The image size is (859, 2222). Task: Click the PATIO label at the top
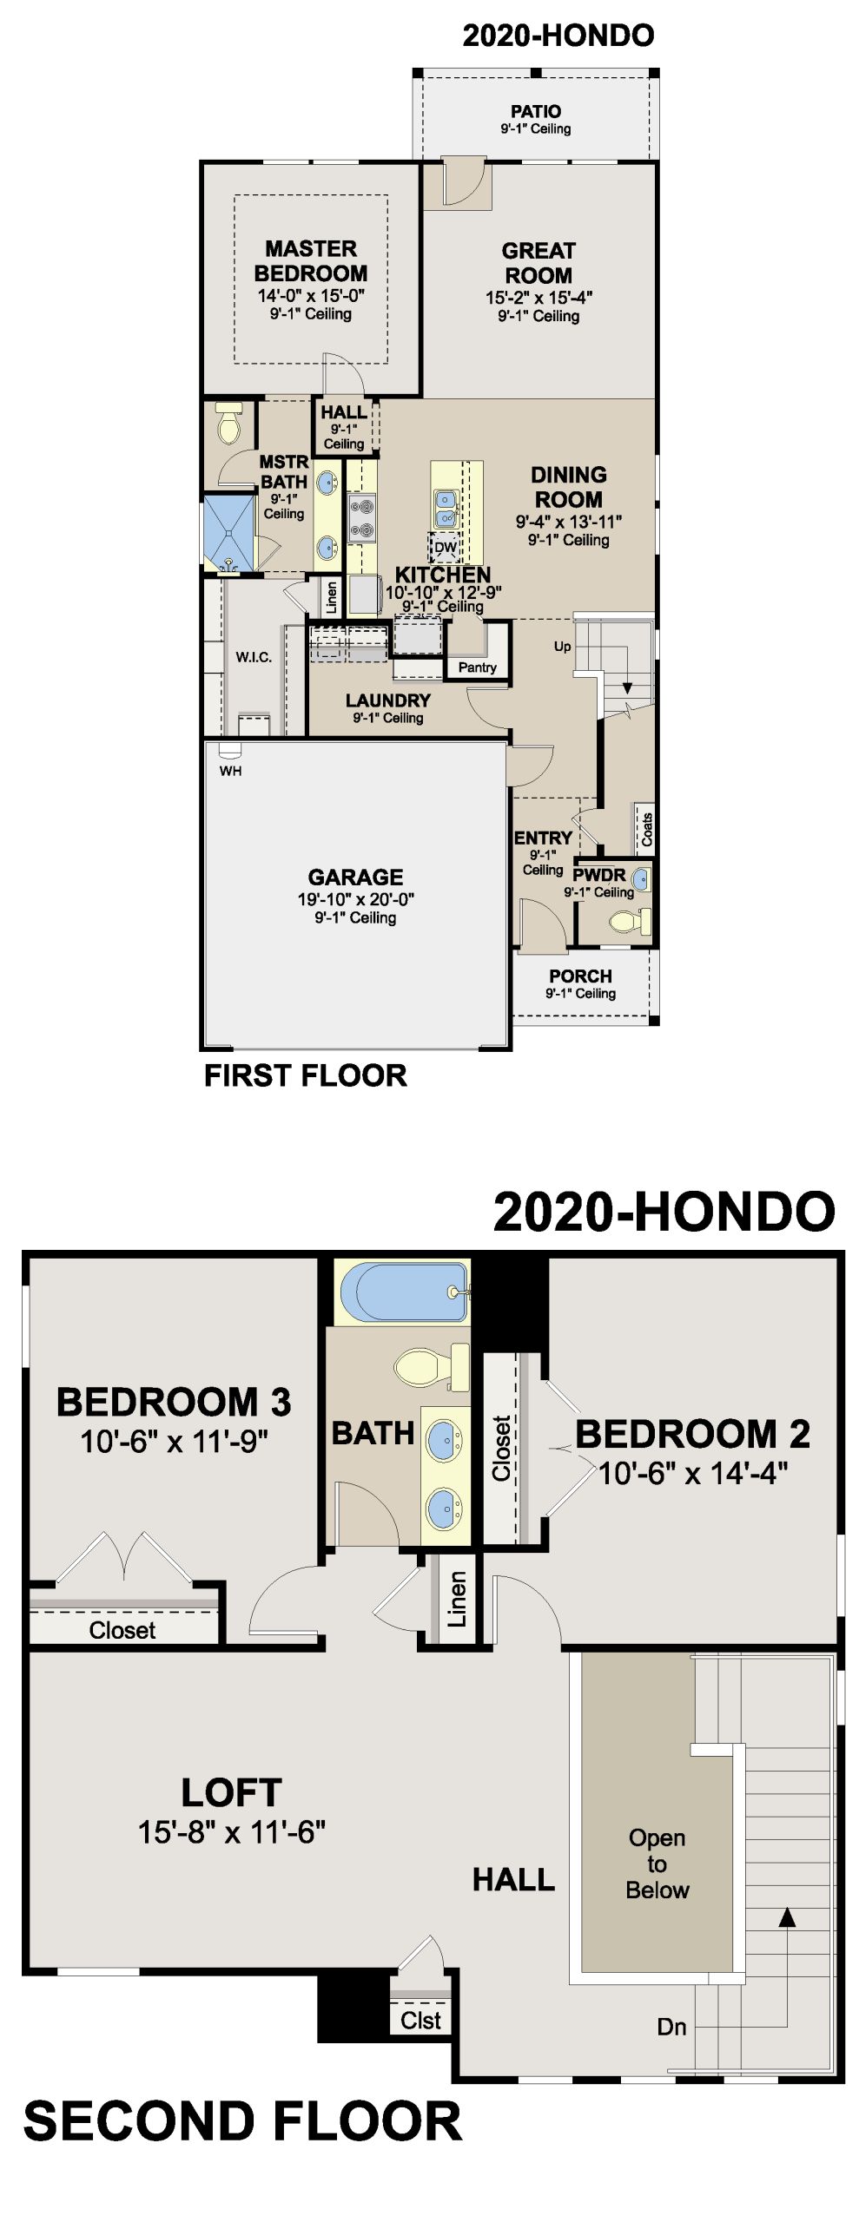coord(535,111)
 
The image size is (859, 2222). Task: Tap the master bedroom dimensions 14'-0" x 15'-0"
coord(311,295)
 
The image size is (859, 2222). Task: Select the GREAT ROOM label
coord(539,263)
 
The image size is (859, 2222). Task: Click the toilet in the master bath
coord(229,423)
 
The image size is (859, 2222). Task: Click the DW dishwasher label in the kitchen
coord(445,548)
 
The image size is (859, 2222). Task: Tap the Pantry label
coord(478,667)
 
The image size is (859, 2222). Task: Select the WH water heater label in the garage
coord(230,771)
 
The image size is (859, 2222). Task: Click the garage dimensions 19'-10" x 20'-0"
coord(355,899)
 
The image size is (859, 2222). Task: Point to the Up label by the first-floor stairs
coord(563,647)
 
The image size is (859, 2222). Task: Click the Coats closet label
coord(646,830)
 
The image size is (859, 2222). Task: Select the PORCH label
coord(580,976)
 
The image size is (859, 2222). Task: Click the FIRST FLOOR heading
coord(306,1075)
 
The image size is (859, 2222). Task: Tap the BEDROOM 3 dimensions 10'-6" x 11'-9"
coord(174,1442)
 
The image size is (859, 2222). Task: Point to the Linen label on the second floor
coord(457,1599)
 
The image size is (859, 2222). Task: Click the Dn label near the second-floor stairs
coord(671,2028)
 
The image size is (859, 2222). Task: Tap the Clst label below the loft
coord(420,2021)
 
